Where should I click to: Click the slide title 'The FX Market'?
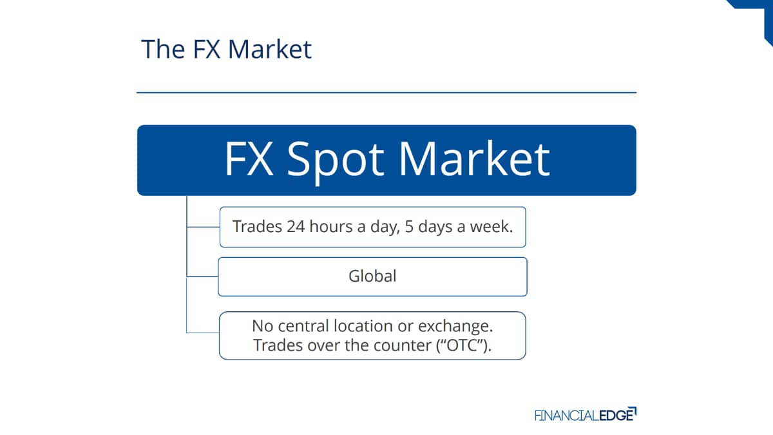pyautogui.click(x=226, y=49)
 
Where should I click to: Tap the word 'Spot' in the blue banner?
pyautogui.click(x=336, y=160)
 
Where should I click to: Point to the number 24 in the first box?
pyautogui.click(x=296, y=227)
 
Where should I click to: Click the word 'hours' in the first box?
pyautogui.click(x=331, y=227)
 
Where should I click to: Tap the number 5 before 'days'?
pyautogui.click(x=409, y=227)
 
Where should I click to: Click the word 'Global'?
pyautogui.click(x=372, y=276)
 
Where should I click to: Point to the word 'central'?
pyautogui.click(x=303, y=326)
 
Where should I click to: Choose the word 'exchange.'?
pyautogui.click(x=455, y=327)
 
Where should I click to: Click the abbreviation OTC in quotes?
pyautogui.click(x=462, y=345)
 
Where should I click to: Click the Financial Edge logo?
pyautogui.click(x=586, y=414)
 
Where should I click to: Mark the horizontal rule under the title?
pyautogui.click(x=386, y=93)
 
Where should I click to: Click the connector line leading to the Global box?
pyautogui.click(x=202, y=276)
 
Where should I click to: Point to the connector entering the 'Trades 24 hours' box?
pyautogui.click(x=204, y=227)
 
